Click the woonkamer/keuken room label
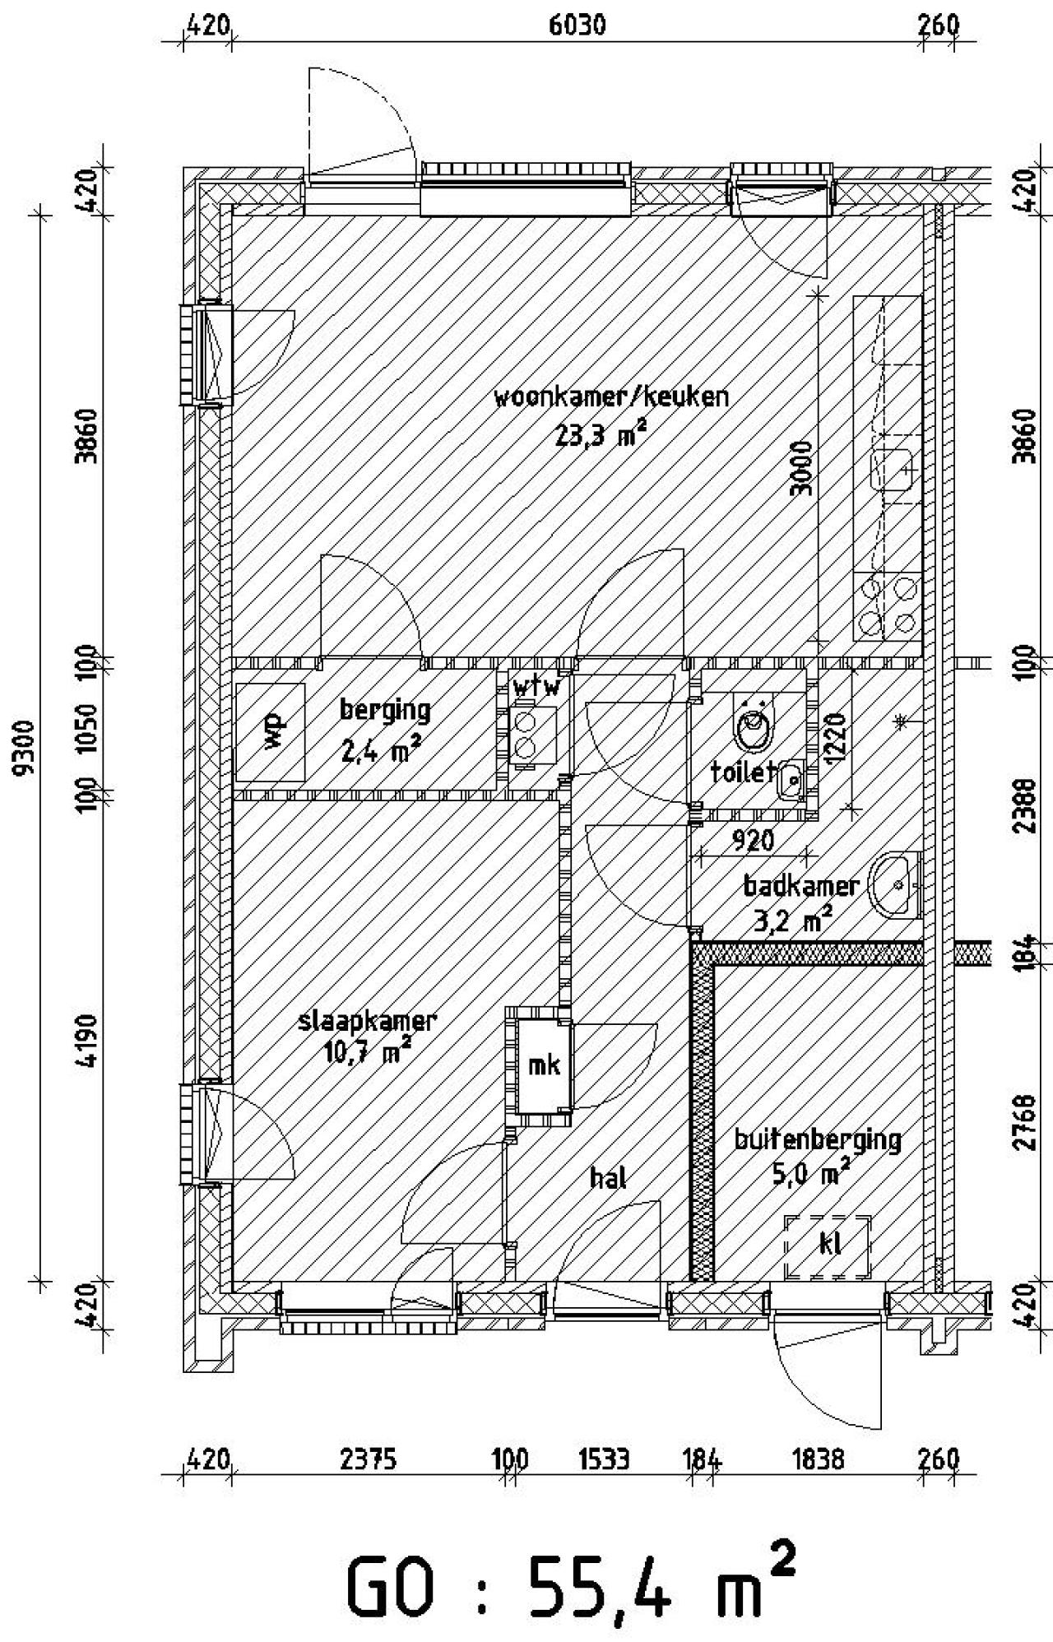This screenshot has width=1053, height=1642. pos(611,398)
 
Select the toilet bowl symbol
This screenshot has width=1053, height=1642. pos(754,728)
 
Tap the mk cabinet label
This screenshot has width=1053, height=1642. pos(543,1065)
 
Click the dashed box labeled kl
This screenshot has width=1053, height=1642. pos(827,1247)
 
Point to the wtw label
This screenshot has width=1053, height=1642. pos(536,687)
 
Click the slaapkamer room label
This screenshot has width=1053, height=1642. pos(367,1022)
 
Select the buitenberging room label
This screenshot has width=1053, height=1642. pos(817,1139)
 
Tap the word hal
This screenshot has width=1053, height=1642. pos(609,1178)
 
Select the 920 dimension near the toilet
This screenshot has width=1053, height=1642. pos(753,840)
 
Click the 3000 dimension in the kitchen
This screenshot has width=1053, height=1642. pos(800,469)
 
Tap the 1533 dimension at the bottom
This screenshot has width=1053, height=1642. pos(604,1459)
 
